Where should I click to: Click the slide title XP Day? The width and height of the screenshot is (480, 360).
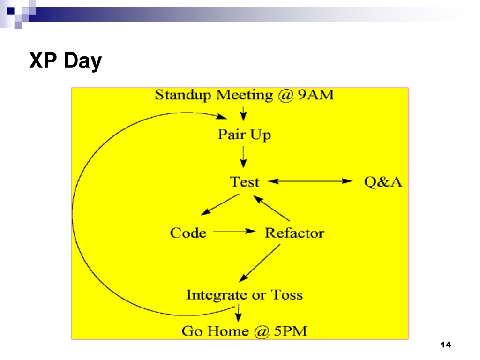tap(66, 61)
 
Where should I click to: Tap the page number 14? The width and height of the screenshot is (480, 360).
tap(446, 345)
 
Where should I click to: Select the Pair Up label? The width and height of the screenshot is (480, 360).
tap(244, 135)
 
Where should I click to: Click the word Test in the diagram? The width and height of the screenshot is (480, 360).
tap(245, 182)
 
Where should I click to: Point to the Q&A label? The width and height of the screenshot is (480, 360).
tap(383, 182)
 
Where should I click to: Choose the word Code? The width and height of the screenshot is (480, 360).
tap(188, 232)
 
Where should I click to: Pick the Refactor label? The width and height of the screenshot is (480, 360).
tap(294, 232)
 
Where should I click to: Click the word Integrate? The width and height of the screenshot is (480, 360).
tap(217, 295)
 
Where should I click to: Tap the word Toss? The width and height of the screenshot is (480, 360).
tap(287, 294)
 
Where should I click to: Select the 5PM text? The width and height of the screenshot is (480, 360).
tap(291, 331)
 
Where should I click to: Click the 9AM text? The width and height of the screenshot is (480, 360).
tap(316, 94)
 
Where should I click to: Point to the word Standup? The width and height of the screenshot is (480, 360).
tap(183, 95)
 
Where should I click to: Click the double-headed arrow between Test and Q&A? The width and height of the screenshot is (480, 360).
tap(310, 181)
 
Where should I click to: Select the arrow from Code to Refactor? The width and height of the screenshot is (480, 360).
tap(234, 231)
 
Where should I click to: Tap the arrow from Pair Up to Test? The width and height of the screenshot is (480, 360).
tap(243, 157)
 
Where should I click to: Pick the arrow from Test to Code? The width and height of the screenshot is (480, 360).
tap(220, 204)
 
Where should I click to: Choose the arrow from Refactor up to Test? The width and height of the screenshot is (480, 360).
tap(271, 208)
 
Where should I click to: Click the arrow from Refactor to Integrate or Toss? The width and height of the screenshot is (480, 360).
tap(259, 263)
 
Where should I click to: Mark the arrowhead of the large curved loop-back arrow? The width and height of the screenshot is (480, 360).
tap(222, 117)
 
